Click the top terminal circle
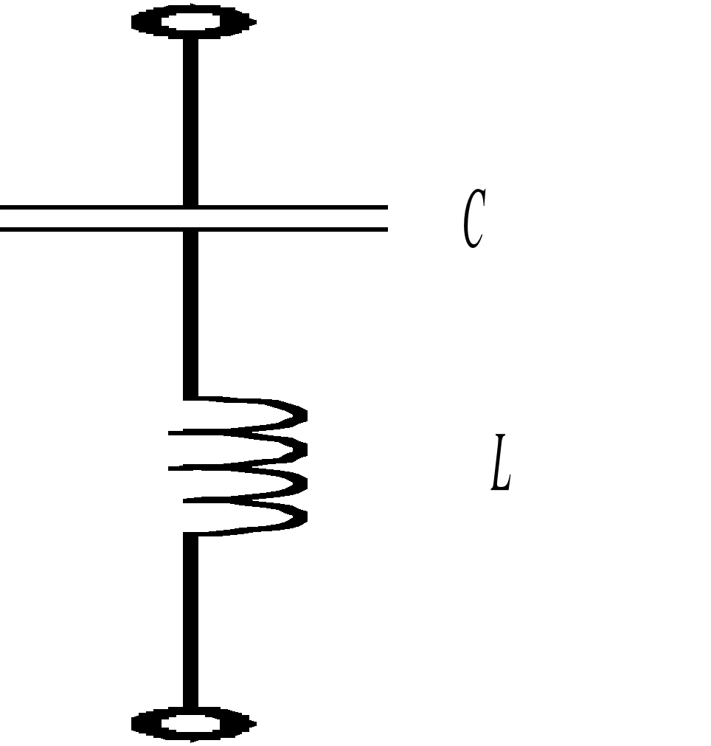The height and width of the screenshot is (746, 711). [193, 21]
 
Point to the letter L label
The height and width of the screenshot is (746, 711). [501, 463]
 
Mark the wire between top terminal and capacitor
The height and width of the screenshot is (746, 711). [190, 118]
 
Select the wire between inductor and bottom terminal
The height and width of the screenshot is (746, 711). [190, 620]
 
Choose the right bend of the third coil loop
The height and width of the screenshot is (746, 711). [302, 483]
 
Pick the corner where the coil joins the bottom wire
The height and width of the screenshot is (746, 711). [191, 533]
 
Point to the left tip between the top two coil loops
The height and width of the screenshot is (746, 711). [172, 434]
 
